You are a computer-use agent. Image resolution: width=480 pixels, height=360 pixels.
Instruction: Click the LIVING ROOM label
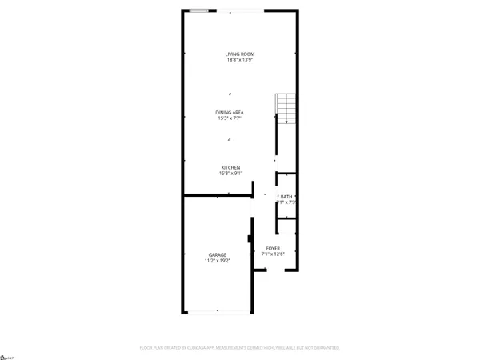[240, 54]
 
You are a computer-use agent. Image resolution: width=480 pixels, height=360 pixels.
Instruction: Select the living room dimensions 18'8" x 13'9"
[240, 60]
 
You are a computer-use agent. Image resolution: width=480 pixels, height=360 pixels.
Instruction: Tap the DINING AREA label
[230, 111]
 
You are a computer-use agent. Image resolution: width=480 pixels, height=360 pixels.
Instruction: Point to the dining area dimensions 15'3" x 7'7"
[230, 118]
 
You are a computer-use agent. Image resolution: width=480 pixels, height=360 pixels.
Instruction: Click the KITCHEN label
[231, 167]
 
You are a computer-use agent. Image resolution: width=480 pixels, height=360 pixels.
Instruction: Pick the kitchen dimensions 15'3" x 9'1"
[231, 174]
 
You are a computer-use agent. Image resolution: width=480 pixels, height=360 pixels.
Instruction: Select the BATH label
[286, 197]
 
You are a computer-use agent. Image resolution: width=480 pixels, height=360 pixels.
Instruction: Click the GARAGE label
[218, 254]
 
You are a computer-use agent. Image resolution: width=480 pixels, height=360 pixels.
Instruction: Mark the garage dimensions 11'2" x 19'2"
[218, 261]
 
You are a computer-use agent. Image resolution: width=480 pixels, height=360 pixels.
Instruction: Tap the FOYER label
[273, 249]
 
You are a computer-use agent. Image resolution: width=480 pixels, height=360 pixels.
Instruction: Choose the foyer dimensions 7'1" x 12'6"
[273, 254]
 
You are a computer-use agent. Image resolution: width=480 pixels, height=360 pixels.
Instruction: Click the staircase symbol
[286, 108]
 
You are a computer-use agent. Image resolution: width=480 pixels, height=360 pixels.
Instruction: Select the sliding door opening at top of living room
[243, 10]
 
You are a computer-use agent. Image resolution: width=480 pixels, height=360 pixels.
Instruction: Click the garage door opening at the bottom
[218, 311]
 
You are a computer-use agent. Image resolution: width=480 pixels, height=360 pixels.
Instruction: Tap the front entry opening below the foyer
[274, 270]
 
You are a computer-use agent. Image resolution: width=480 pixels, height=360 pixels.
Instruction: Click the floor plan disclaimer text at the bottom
[240, 348]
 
